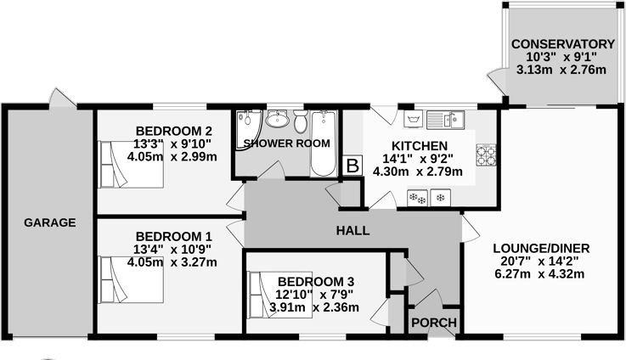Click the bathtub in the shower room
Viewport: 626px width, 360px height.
pyautogui.click(x=324, y=143)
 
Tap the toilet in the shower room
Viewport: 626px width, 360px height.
pyautogui.click(x=302, y=121)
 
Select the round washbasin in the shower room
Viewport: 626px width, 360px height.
pyautogui.click(x=278, y=120)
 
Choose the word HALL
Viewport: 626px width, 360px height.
pyautogui.click(x=352, y=230)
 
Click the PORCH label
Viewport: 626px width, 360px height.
pyautogui.click(x=434, y=323)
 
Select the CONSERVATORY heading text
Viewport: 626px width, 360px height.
pyautogui.click(x=562, y=44)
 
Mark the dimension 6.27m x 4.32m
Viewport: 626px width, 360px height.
pyautogui.click(x=541, y=274)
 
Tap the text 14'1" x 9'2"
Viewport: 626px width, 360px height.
pyautogui.click(x=418, y=158)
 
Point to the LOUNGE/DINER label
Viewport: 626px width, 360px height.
pyautogui.click(x=541, y=248)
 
